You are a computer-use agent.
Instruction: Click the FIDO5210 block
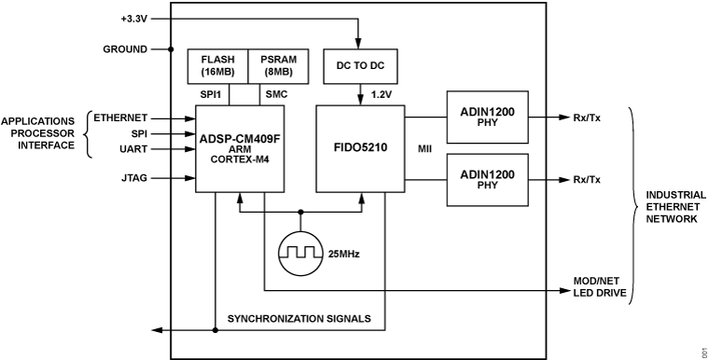tap(359, 147)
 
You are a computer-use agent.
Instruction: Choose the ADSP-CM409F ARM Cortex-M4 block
tap(239, 147)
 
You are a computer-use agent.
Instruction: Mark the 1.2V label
tap(382, 94)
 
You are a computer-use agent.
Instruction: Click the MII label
tap(424, 148)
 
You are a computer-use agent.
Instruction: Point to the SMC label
tap(277, 94)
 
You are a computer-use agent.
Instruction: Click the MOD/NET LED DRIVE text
tap(597, 286)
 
